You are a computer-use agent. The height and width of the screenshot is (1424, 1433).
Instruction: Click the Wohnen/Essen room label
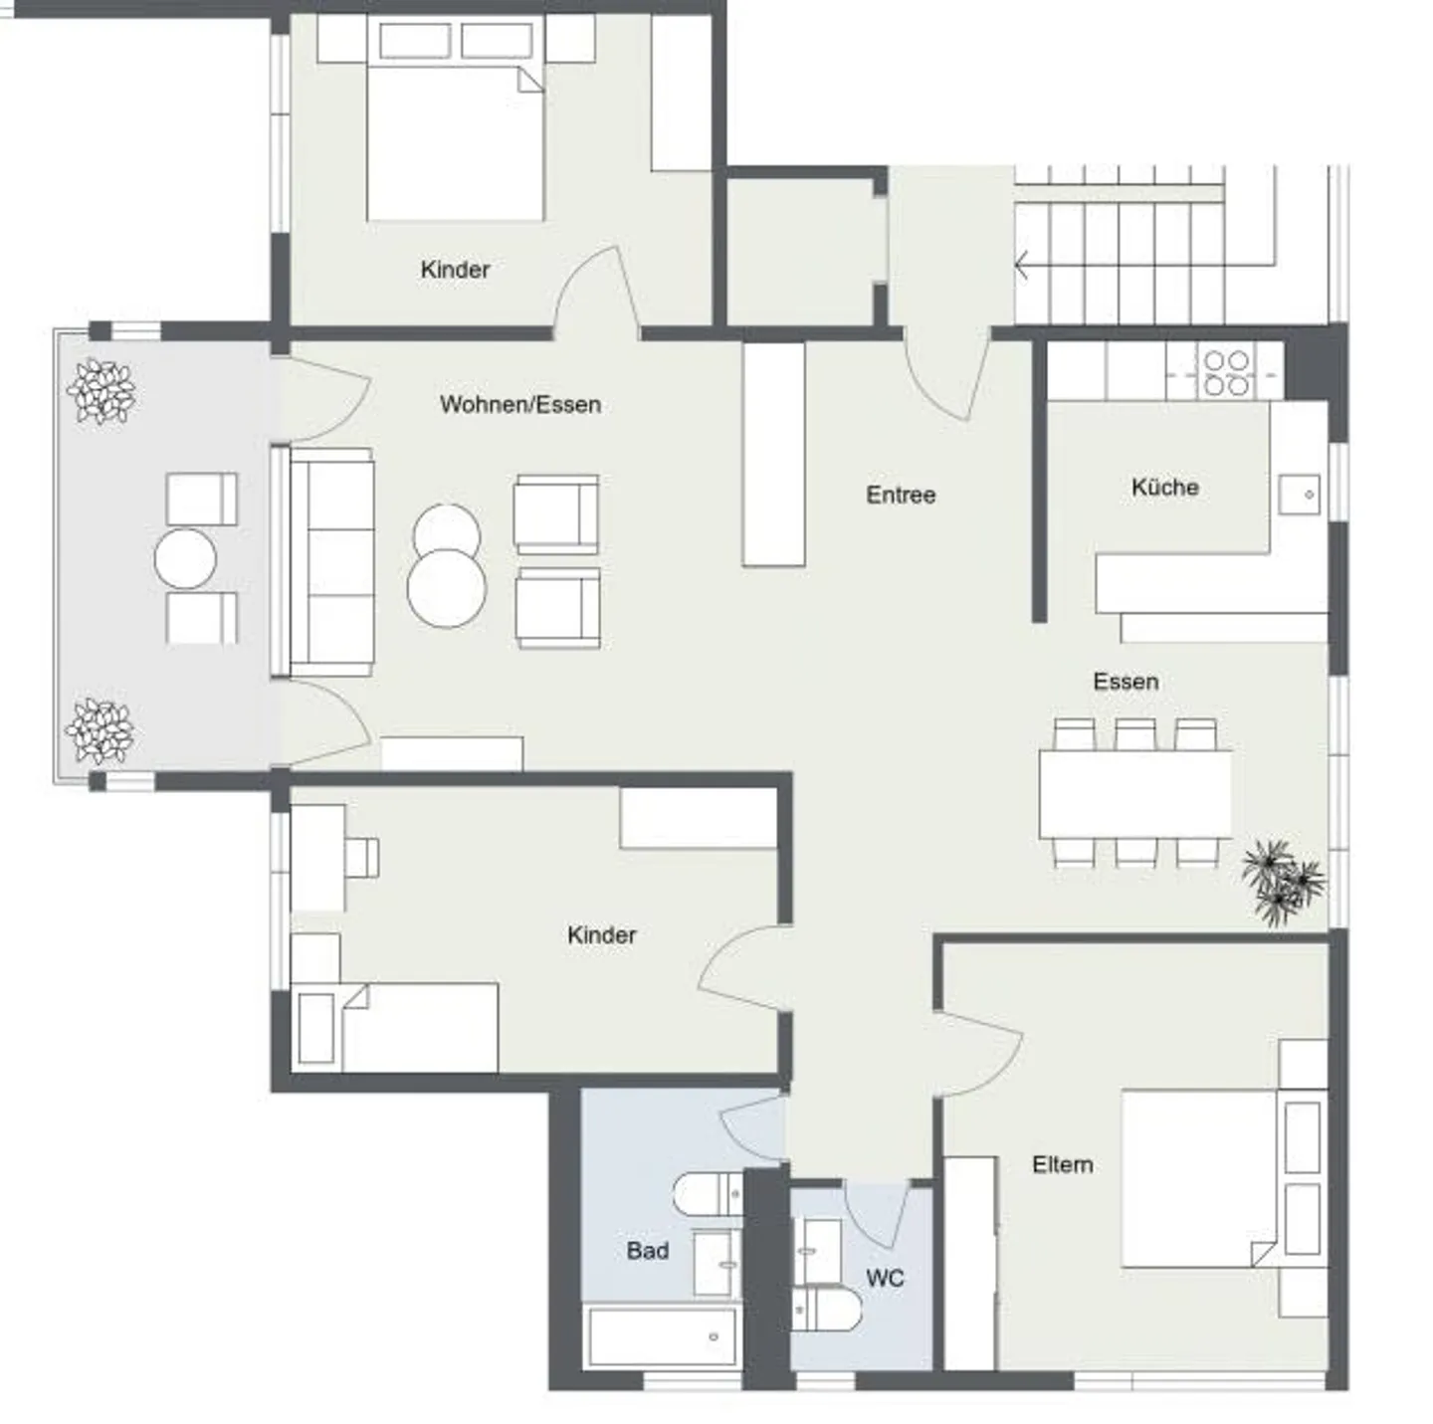pyautogui.click(x=519, y=405)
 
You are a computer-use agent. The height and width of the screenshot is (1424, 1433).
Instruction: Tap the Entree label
pyautogui.click(x=900, y=495)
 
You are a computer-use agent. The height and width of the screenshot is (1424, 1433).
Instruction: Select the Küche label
pyautogui.click(x=1164, y=488)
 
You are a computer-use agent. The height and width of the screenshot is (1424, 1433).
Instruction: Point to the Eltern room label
pyautogui.click(x=1062, y=1164)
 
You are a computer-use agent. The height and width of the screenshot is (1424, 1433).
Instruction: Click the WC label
pyautogui.click(x=885, y=1278)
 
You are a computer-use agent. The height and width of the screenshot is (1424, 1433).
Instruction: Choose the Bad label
pyautogui.click(x=647, y=1251)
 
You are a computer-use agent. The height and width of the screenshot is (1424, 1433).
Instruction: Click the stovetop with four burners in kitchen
pyautogui.click(x=1226, y=372)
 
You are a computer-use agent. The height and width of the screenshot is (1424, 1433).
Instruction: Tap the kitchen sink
pyautogui.click(x=1300, y=495)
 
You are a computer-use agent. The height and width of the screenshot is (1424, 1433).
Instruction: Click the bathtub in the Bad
pyautogui.click(x=662, y=1336)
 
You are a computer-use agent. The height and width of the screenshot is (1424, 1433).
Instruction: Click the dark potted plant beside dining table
pyautogui.click(x=1283, y=881)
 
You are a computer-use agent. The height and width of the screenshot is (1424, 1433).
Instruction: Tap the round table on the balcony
pyautogui.click(x=186, y=559)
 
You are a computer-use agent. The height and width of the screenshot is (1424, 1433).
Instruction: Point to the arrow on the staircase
pyautogui.click(x=1022, y=266)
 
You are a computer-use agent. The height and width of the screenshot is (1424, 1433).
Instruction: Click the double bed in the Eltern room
pyautogui.click(x=1199, y=1179)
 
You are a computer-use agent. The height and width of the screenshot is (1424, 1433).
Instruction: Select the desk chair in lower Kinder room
pyautogui.click(x=361, y=857)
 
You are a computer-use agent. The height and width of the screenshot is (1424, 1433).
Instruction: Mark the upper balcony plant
pyautogui.click(x=101, y=391)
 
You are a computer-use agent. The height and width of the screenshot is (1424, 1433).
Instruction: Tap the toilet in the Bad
pyautogui.click(x=706, y=1194)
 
